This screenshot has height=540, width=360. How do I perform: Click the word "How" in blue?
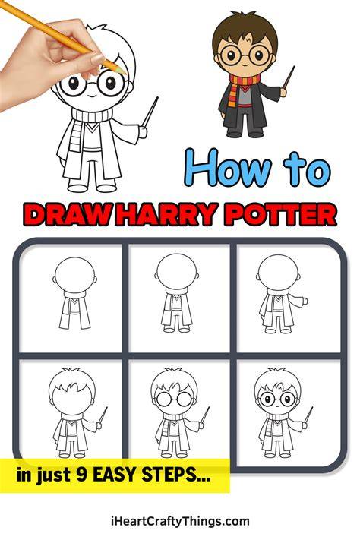click(226, 167)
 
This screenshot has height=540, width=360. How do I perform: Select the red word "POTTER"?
click(282, 214)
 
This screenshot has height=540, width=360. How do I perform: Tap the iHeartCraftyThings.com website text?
click(180, 522)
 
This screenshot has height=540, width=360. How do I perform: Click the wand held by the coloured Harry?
click(289, 77)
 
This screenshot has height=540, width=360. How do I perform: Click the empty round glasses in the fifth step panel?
click(174, 399)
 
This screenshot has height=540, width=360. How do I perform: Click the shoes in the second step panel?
click(176, 330)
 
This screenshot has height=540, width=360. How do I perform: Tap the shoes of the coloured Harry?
click(245, 134)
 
